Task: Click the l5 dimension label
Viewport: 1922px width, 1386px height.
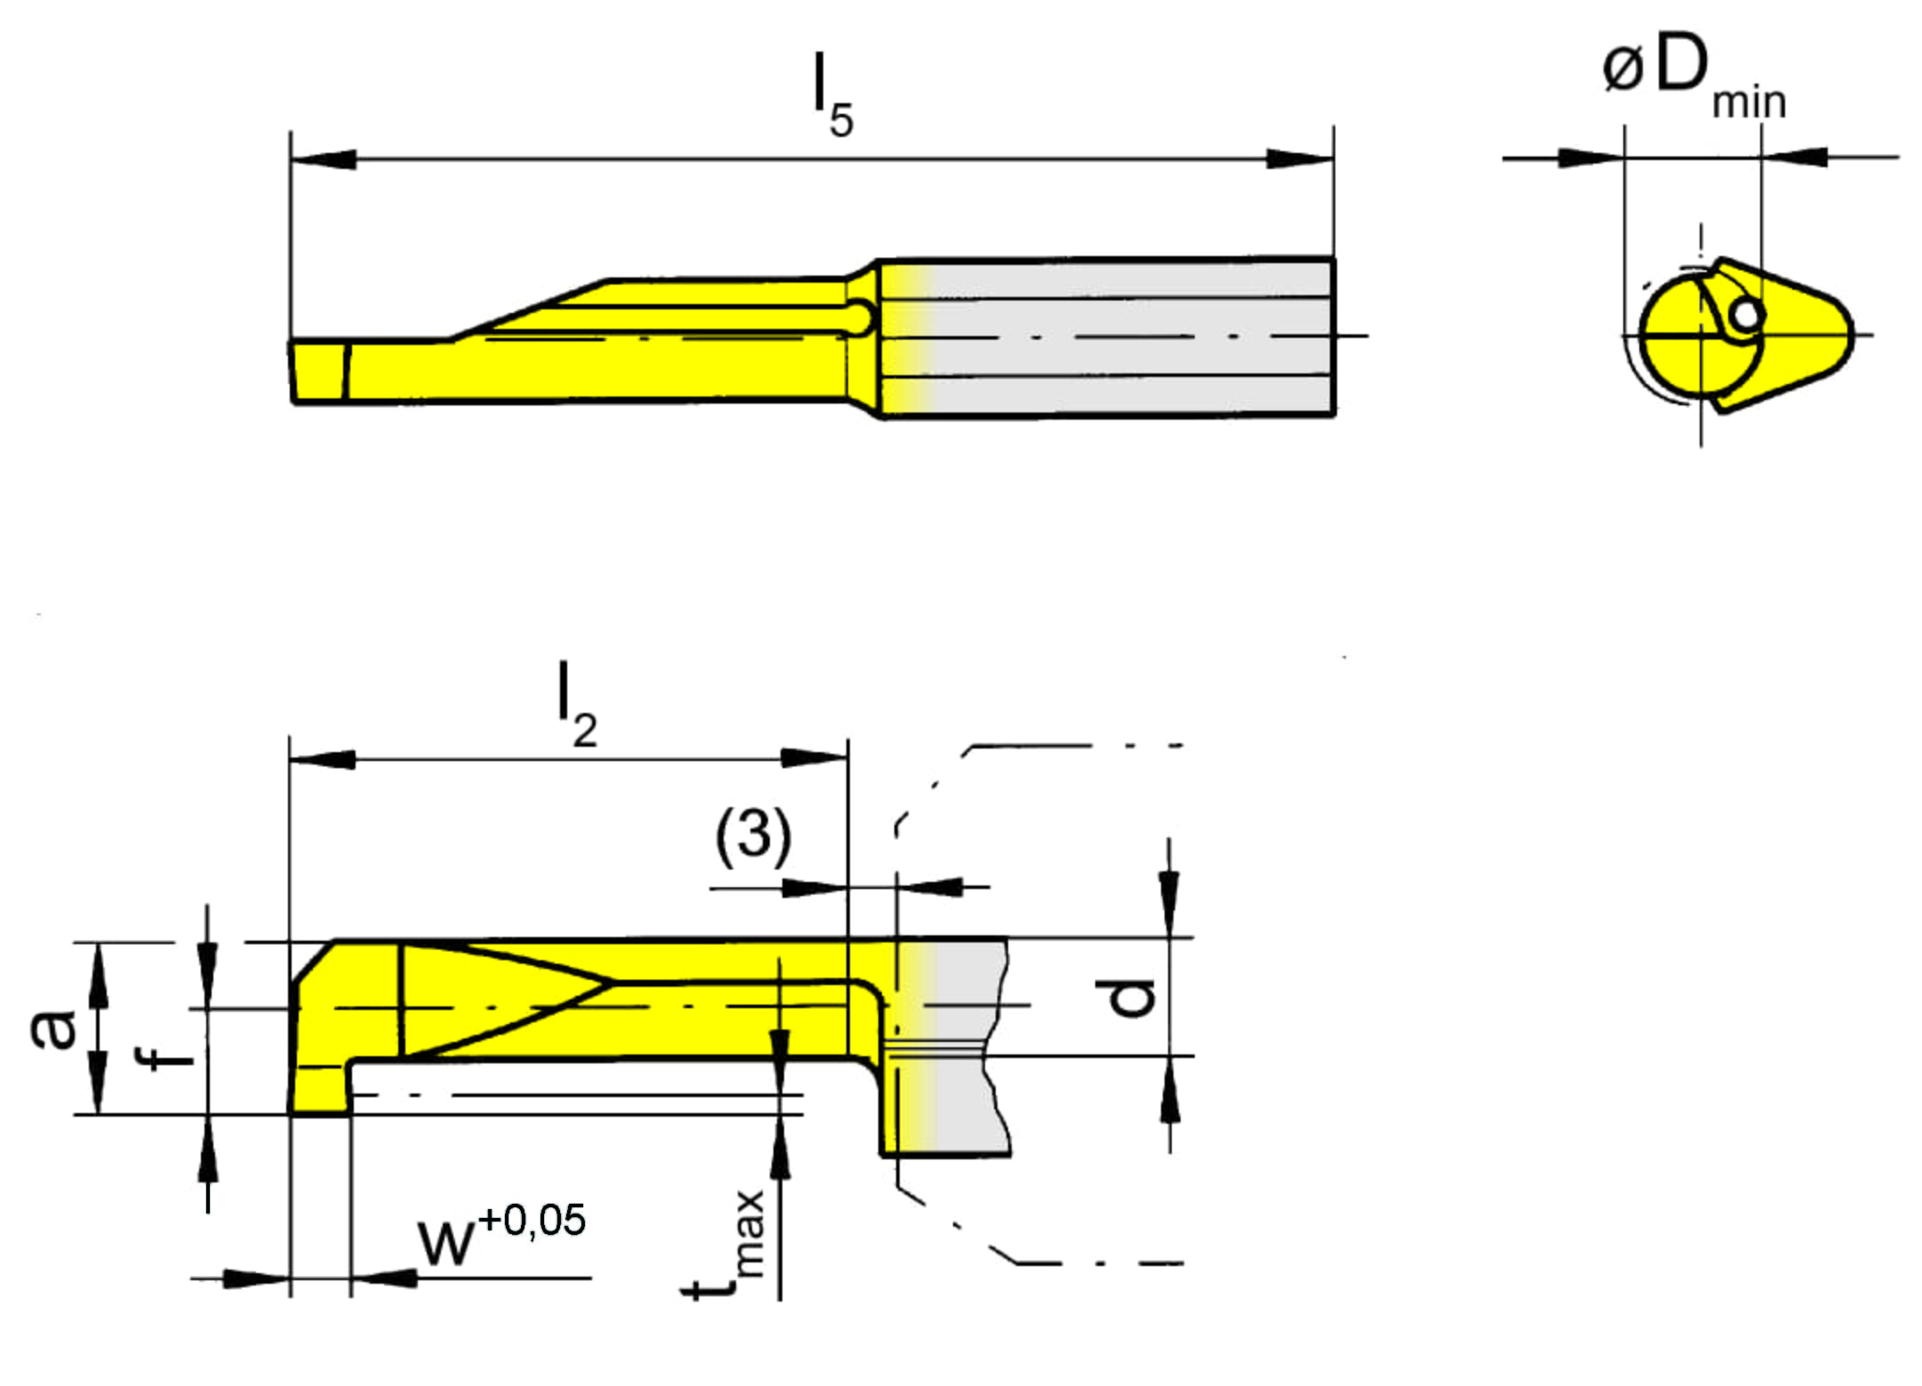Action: [x=834, y=95]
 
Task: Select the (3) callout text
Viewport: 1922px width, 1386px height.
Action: [x=753, y=837]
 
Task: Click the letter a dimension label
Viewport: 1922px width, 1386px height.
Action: [x=53, y=1029]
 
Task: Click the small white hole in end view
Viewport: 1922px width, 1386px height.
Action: [x=1747, y=314]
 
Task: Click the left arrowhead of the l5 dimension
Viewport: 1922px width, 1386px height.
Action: [x=323, y=159]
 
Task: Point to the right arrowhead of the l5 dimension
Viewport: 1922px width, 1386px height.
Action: [x=1301, y=159]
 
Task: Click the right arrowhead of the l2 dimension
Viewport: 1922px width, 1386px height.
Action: [x=814, y=758]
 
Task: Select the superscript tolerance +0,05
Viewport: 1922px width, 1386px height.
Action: [x=532, y=1220]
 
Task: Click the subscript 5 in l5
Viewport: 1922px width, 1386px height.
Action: [x=841, y=120]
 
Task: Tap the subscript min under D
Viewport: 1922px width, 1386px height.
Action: [x=1750, y=102]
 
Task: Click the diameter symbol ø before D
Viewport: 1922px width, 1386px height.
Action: [x=1622, y=68]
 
